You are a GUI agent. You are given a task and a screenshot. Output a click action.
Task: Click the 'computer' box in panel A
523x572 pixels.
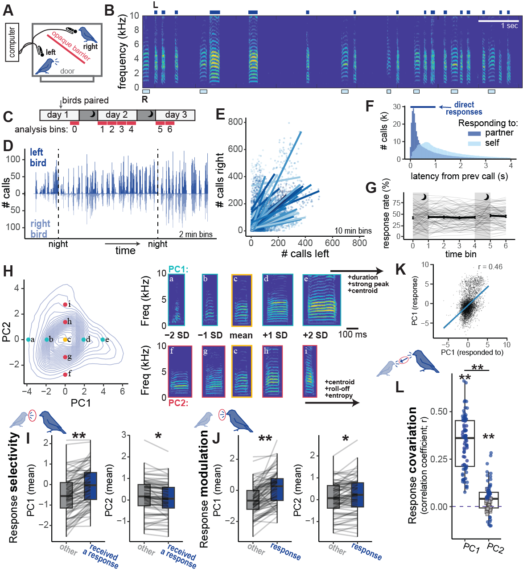[x=12, y=42]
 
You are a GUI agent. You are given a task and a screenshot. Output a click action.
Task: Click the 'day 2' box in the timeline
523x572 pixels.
[x=116, y=115]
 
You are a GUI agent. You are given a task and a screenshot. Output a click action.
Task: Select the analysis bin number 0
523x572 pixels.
[x=74, y=130]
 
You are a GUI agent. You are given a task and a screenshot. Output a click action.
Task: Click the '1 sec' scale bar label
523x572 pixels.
[x=509, y=26]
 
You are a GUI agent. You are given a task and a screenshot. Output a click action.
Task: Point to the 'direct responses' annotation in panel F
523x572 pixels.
[x=464, y=108]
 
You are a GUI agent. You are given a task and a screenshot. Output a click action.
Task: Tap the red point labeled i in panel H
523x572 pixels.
[x=65, y=305]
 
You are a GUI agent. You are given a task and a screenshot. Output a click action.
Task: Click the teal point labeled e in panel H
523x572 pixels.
[x=103, y=340]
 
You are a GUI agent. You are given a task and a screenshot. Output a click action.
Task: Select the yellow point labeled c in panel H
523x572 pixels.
[x=65, y=340]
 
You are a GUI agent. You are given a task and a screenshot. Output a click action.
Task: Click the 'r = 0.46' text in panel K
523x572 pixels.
[x=490, y=267]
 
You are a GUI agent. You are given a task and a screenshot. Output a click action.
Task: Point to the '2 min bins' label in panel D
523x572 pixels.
[x=196, y=235]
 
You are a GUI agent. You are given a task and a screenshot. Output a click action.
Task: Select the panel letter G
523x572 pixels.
[x=371, y=188]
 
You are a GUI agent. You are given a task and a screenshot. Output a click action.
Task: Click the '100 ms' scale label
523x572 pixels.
[x=352, y=334]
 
